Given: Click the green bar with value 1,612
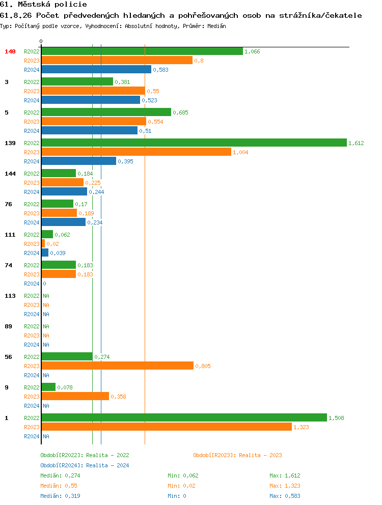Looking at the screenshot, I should pyautogui.click(x=194, y=143).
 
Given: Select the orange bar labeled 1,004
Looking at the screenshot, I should pyautogui.click(x=136, y=152).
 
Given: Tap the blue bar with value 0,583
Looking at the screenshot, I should pyautogui.click(x=96, y=70).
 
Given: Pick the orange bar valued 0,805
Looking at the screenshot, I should pyautogui.click(x=117, y=366).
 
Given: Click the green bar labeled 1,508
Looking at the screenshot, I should pyautogui.click(x=184, y=418).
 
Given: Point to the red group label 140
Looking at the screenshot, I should pyautogui.click(x=10, y=51).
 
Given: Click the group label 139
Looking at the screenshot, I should pyautogui.click(x=10, y=143).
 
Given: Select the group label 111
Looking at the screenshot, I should pyautogui.click(x=10, y=235).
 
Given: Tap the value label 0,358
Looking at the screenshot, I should pyautogui.click(x=118, y=397).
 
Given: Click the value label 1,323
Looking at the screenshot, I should pyautogui.click(x=301, y=427).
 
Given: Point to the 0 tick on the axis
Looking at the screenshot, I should pyautogui.click(x=41, y=41).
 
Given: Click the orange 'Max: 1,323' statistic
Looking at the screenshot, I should pyautogui.click(x=283, y=486).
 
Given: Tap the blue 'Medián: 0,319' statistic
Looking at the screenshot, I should pyautogui.click(x=60, y=496).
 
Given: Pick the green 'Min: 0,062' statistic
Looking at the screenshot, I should pyautogui.click(x=183, y=475).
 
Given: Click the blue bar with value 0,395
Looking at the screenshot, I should pyautogui.click(x=79, y=161).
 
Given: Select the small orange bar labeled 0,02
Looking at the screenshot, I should pyautogui.click(x=43, y=244).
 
